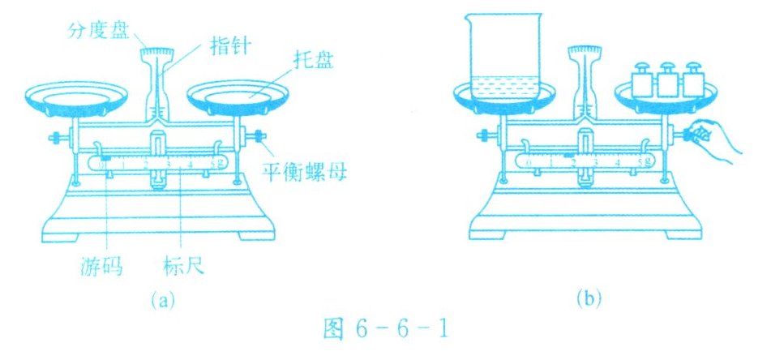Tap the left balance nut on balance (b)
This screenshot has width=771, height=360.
pos(483,135)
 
